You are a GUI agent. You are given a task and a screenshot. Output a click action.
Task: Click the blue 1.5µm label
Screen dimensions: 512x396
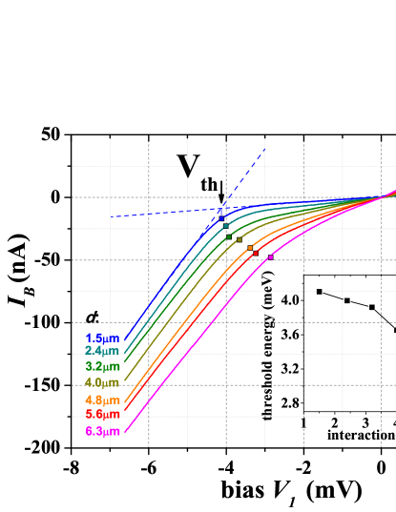coord(103,338)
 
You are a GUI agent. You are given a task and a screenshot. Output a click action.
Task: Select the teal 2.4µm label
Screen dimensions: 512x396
coord(103,351)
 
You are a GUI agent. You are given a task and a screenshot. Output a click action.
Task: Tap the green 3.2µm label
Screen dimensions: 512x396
coord(103,366)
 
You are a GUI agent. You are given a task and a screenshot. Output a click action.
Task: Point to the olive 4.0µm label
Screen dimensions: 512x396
coord(103,383)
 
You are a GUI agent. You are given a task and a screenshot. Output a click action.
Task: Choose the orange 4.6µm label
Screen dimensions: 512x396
coord(103,399)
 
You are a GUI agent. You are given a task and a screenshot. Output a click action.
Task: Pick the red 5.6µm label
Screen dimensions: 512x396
coord(103,415)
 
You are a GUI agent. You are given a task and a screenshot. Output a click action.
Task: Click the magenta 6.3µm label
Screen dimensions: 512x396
coord(103,432)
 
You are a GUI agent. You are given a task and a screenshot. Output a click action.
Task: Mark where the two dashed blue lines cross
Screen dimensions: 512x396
coord(222,209)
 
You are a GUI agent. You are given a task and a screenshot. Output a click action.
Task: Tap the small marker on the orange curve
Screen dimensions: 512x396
coord(251,248)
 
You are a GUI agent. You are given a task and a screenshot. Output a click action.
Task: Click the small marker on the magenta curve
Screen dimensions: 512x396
coord(270,256)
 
